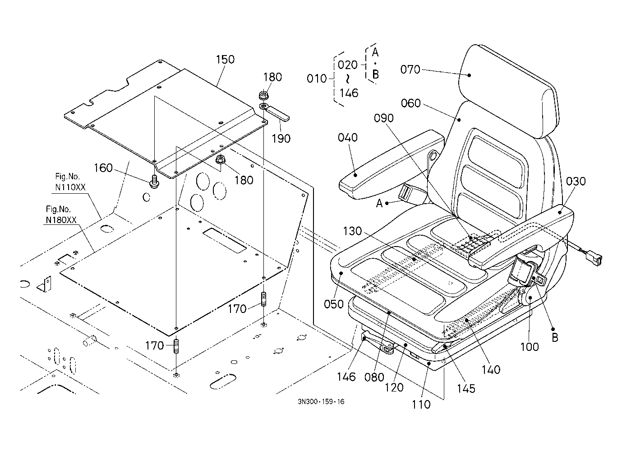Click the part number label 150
pos(225,60)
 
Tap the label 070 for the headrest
pos(410,70)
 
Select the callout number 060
pos(411,103)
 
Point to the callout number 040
pos(348,138)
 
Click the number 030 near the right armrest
pos(576,181)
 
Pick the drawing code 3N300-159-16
pos(321,402)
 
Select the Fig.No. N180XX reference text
pos(61,214)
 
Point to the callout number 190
pos(281,139)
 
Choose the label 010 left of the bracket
pos(317,79)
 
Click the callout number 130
pos(352,231)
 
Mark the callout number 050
pos(334,304)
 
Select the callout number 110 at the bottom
pos(421,405)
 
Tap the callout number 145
pos(466,389)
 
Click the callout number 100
pos(530,347)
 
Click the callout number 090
pos(384,118)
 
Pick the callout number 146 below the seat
pos(346,377)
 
